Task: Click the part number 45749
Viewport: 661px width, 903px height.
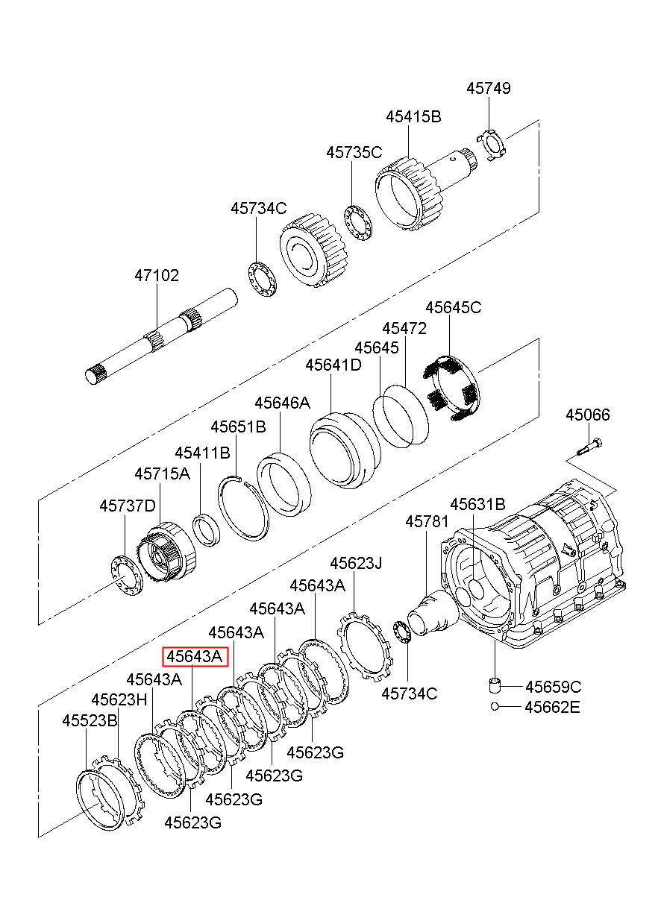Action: pos(489,88)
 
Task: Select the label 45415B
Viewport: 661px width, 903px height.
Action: pos(413,117)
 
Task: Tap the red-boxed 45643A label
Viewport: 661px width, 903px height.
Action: pos(195,657)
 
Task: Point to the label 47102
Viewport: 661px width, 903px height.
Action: pos(157,276)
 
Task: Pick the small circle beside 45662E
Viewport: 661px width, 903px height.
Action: pos(495,706)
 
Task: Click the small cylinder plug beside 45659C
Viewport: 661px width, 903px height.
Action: pos(495,685)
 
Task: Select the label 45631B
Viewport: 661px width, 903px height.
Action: pos(477,504)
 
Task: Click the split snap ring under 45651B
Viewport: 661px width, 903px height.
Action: pos(243,508)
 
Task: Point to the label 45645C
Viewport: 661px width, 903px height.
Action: pos(454,307)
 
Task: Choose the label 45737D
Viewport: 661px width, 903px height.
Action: pos(128,506)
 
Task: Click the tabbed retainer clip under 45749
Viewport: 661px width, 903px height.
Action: pos(492,145)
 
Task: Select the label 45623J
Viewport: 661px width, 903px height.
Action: pos(356,563)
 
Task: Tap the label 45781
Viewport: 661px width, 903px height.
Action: pos(427,522)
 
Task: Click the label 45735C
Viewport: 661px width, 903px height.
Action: pos(354,152)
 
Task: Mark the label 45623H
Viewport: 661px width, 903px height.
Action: pos(119,700)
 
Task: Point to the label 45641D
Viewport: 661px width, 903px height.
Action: pos(333,365)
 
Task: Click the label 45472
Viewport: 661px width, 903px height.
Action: pos(404,329)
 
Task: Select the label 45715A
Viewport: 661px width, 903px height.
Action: pos(162,473)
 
